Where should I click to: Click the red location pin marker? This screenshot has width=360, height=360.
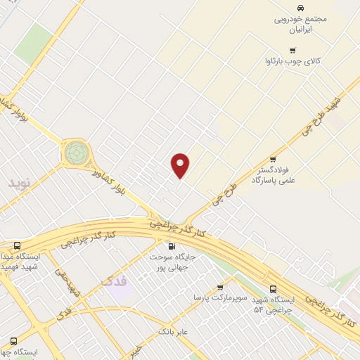[x=181, y=165]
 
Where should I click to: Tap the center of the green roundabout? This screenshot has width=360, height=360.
[x=77, y=152]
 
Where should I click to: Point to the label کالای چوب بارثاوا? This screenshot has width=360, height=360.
[x=292, y=62]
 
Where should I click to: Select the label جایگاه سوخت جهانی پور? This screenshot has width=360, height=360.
[x=169, y=262]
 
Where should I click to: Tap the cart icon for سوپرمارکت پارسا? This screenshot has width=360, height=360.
[x=220, y=287]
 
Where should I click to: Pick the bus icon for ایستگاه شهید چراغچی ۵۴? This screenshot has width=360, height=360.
[x=273, y=288]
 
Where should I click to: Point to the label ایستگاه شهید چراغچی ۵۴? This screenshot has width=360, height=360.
[x=273, y=304]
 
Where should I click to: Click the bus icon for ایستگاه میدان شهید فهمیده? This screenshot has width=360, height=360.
[x=17, y=245]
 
